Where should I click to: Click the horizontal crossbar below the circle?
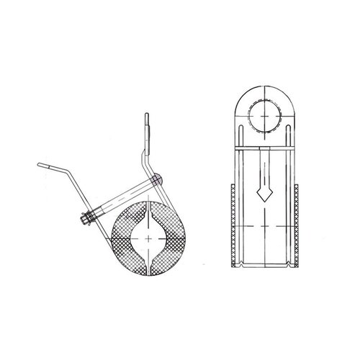(x=266, y=147)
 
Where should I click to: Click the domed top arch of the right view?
(x=266, y=90)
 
